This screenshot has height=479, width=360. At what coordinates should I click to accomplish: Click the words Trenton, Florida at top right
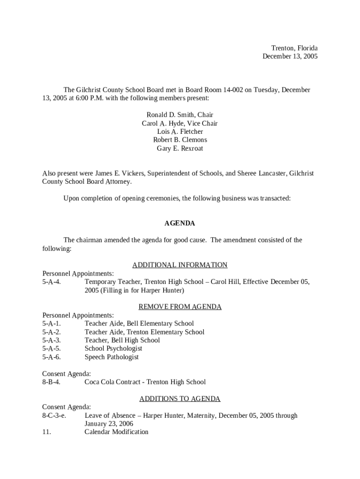(295, 48)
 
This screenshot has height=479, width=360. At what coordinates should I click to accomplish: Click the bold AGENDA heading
(180, 224)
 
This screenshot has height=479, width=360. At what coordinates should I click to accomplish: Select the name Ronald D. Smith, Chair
(180, 115)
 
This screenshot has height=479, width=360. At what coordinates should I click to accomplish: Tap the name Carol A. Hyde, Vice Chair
(180, 123)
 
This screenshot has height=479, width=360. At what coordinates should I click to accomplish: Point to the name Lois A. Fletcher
(180, 132)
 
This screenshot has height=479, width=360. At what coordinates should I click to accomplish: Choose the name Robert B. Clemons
(180, 140)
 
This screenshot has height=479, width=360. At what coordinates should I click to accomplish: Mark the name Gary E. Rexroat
(180, 148)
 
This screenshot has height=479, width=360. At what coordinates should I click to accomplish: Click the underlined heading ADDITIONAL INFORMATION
(180, 265)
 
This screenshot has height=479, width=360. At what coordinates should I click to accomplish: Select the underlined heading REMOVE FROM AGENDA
(180, 307)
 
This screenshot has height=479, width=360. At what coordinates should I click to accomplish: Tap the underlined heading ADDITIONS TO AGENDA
(180, 399)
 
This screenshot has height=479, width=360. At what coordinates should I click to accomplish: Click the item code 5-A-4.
(51, 282)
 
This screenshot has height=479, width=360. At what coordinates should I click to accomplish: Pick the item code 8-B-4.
(51, 382)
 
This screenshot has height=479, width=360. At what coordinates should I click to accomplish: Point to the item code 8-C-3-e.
(54, 415)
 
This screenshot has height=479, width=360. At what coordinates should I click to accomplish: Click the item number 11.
(47, 432)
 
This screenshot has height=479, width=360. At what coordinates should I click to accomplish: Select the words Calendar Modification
(116, 432)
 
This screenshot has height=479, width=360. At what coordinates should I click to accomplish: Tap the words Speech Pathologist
(112, 357)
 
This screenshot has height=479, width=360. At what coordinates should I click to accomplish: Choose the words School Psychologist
(114, 348)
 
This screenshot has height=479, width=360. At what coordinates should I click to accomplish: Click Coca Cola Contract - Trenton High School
(145, 382)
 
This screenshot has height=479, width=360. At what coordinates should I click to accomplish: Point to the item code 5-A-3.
(51, 341)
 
